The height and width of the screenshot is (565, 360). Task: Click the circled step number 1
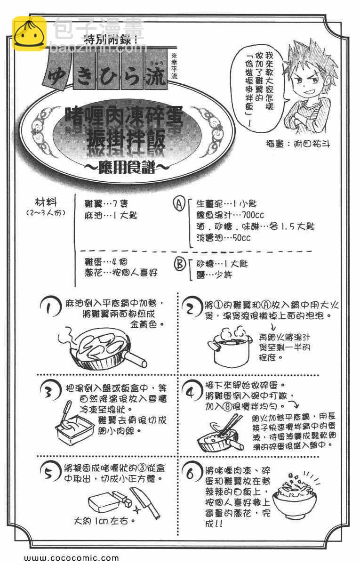(50, 308)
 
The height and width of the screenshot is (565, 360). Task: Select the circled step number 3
(49, 390)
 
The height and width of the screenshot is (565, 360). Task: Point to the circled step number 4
(190, 392)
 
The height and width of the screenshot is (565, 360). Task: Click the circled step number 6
(190, 474)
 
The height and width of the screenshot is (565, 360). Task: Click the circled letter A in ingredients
(179, 205)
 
